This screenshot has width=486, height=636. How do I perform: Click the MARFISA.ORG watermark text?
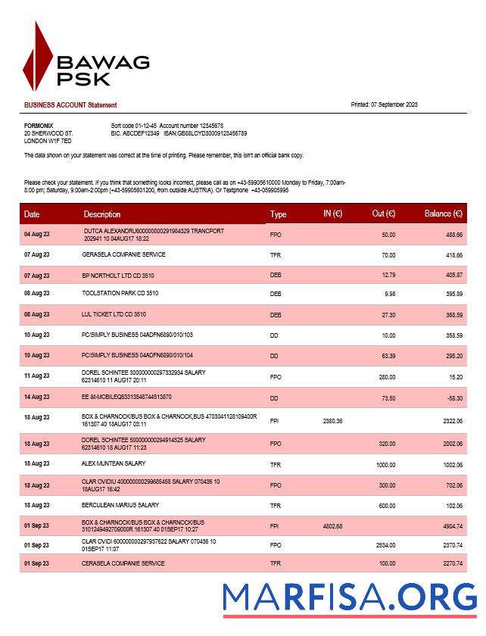pyautogui.click(x=349, y=597)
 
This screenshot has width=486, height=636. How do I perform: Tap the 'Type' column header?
pyautogui.click(x=279, y=214)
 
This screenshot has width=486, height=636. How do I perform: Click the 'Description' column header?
pyautogui.click(x=102, y=214)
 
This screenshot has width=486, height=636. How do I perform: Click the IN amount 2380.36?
pyautogui.click(x=333, y=420)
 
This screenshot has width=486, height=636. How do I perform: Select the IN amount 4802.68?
pyautogui.click(x=333, y=526)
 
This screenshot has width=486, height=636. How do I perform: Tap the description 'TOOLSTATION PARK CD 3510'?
pyautogui.click(x=120, y=293)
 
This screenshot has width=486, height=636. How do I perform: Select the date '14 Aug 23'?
pyautogui.click(x=37, y=397)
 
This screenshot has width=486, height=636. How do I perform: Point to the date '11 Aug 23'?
pyautogui.click(x=37, y=376)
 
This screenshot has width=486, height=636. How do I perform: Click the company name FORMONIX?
pyautogui.click(x=39, y=125)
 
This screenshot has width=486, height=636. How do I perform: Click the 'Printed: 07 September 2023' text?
pyautogui.click(x=385, y=104)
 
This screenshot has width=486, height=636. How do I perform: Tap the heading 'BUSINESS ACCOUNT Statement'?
pyautogui.click(x=70, y=104)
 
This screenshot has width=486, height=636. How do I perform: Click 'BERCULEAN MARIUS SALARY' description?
pyautogui.click(x=120, y=505)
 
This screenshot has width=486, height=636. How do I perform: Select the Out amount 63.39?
pyautogui.click(x=388, y=354)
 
